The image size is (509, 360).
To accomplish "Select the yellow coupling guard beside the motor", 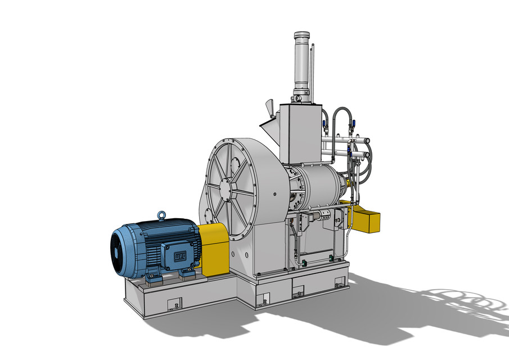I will point(214,247).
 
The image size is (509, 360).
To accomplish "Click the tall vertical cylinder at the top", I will point(301,62).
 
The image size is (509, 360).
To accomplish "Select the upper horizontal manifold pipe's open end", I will point(368,139).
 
